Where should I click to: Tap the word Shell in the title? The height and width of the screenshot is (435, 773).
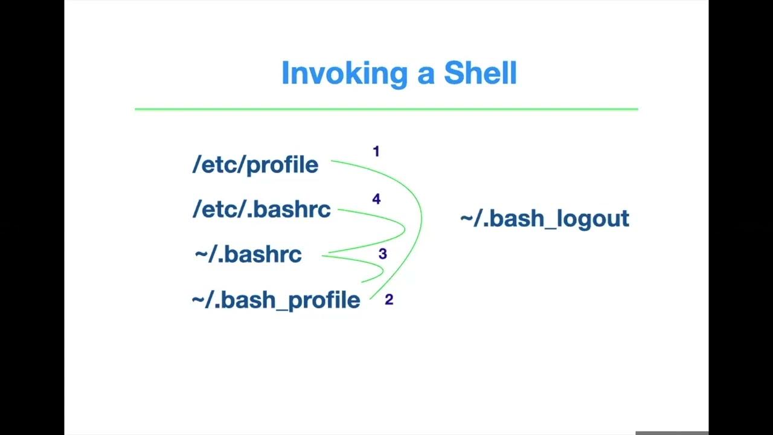480,73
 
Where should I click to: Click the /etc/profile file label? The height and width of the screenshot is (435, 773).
255,164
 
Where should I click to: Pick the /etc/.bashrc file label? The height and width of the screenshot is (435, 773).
261,209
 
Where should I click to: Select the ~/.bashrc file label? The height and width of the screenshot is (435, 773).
248,254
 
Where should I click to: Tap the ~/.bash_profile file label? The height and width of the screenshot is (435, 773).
276,300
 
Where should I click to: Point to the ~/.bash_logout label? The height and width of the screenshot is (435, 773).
544,218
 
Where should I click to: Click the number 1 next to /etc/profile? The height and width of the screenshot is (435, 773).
376,152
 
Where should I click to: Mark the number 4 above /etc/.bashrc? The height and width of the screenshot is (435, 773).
376,199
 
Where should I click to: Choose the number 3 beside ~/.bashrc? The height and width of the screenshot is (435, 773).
382,254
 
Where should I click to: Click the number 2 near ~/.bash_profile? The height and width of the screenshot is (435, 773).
389,300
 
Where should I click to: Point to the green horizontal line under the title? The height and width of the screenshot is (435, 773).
386,109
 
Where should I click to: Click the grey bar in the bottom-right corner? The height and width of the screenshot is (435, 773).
672,433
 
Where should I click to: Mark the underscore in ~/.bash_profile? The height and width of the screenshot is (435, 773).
282,309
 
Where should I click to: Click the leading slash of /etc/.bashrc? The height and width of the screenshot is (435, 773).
196,209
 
